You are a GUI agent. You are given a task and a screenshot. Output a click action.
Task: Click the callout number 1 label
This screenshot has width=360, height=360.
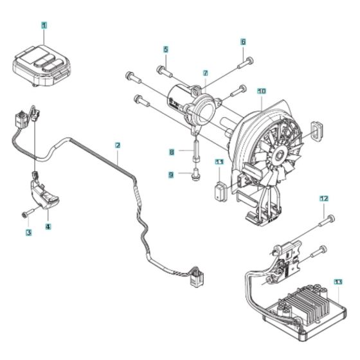(44, 26)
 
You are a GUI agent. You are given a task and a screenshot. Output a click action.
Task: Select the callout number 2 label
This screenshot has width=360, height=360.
(117, 145)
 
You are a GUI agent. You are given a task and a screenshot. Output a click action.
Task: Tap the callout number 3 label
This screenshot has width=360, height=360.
(28, 231)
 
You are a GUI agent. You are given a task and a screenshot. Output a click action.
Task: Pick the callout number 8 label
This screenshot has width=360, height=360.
(172, 152)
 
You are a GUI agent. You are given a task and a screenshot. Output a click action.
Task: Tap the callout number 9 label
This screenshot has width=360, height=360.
(172, 174)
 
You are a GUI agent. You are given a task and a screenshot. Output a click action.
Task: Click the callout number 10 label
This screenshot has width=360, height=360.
(261, 91)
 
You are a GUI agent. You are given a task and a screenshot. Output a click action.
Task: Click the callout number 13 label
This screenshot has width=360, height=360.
(338, 282)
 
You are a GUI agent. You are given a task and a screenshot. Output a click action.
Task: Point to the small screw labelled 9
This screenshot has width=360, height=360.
(194, 173)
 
